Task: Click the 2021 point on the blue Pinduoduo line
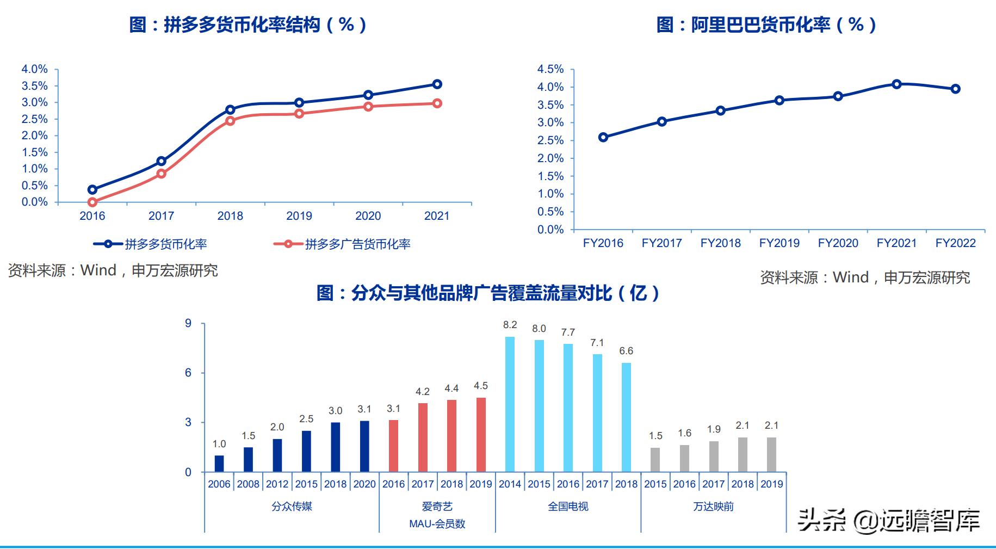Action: click(437, 84)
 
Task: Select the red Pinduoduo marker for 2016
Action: click(92, 202)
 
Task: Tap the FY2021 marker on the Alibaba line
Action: click(896, 84)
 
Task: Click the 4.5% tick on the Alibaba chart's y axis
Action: click(550, 69)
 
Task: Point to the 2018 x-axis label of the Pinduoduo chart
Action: click(230, 216)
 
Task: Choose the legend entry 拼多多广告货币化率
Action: click(357, 244)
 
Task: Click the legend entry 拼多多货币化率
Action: click(165, 244)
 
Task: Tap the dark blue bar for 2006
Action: click(219, 463)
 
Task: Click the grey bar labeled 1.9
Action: click(714, 456)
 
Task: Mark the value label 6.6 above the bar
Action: click(626, 351)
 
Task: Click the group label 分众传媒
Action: click(292, 507)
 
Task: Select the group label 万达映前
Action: click(713, 507)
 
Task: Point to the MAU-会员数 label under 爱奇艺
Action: click(437, 524)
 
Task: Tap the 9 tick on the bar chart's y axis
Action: click(188, 324)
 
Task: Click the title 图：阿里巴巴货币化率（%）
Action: click(766, 24)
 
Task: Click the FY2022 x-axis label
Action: click(955, 243)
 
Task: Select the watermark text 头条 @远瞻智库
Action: click(888, 520)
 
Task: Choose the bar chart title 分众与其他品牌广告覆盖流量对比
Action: click(488, 293)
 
